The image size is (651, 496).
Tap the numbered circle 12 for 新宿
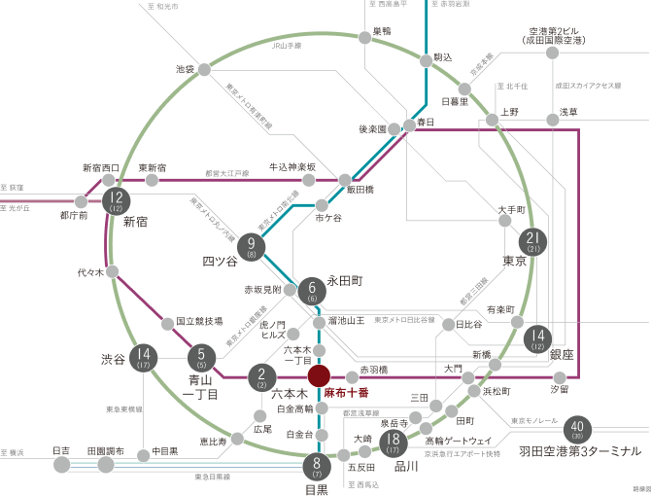116,202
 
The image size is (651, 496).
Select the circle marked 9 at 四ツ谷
252,249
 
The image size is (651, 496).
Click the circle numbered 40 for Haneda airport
578,429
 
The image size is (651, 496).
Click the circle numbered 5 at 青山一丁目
201,359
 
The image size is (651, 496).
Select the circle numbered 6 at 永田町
312,290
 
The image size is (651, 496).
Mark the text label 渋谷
113,359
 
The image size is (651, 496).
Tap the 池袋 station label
185,69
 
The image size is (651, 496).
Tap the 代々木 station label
89,272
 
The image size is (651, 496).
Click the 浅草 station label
567,113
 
